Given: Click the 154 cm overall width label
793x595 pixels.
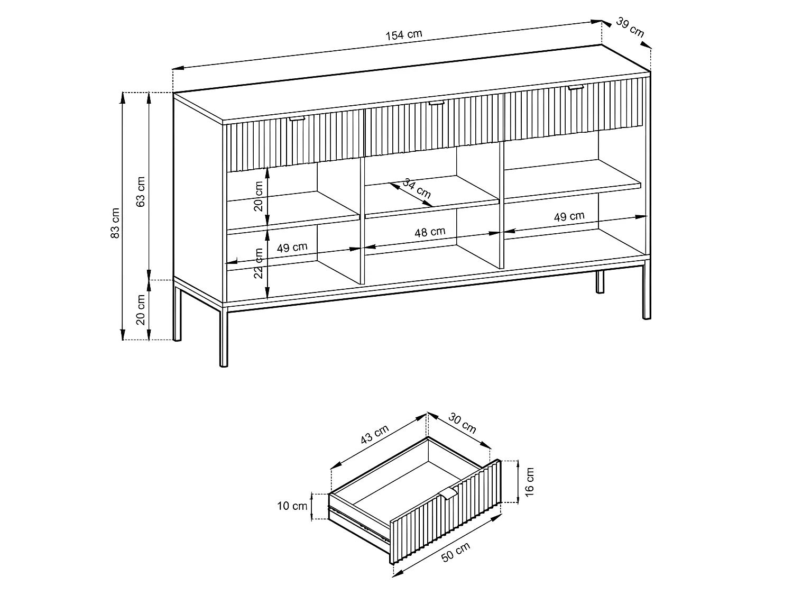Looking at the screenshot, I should click(x=404, y=35).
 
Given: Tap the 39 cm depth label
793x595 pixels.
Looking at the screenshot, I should click(x=630, y=28).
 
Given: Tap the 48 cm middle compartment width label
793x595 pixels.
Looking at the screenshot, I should click(x=430, y=232).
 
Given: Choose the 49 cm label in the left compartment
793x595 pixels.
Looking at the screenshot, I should click(x=292, y=247).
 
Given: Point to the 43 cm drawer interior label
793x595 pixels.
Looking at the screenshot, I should click(x=374, y=435).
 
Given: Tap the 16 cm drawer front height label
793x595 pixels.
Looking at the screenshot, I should click(x=530, y=481).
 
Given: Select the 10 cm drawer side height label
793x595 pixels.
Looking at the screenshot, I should click(x=292, y=506).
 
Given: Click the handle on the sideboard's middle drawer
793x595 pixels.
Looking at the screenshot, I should click(x=436, y=103).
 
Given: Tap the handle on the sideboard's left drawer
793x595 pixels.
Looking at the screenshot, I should click(x=298, y=118).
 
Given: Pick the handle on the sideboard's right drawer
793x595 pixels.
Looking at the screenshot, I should click(x=576, y=87).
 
